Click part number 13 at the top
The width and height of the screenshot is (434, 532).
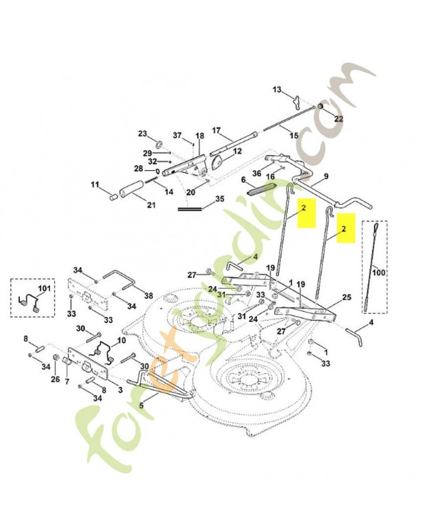[x=278, y=89]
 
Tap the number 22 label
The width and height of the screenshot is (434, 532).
[x=338, y=118]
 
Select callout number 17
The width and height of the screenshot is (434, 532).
[x=216, y=130]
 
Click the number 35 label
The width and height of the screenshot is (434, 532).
[x=220, y=199]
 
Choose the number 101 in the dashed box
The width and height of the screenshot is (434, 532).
[x=45, y=289]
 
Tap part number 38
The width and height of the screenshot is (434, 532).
[x=148, y=296]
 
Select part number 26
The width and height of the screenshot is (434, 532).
[x=55, y=380]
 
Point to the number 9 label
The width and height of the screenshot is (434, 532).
[x=326, y=176]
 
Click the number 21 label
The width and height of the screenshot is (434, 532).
[x=151, y=205]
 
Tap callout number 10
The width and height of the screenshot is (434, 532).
[x=120, y=340]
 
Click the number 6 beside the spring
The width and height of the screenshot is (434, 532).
[x=244, y=180]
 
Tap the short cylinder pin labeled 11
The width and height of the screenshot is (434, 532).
[x=111, y=196]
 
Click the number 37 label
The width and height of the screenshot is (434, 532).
[x=177, y=136]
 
